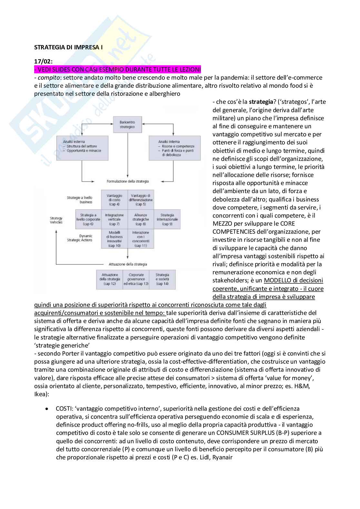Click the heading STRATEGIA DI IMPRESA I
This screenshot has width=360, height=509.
68,47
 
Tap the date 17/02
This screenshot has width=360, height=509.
43,61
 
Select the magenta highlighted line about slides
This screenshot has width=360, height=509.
117,69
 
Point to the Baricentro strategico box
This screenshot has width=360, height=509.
127,125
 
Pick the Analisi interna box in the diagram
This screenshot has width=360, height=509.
174,148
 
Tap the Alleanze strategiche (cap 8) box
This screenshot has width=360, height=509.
140,219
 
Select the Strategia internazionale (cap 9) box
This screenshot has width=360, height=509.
167,219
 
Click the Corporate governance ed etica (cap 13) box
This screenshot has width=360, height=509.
136,279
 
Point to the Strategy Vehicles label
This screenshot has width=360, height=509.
56,220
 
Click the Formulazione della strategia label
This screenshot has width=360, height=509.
128,181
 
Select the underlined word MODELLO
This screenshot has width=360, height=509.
277,280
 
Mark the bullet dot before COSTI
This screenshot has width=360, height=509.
47,409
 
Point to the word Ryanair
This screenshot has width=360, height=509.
222,457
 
